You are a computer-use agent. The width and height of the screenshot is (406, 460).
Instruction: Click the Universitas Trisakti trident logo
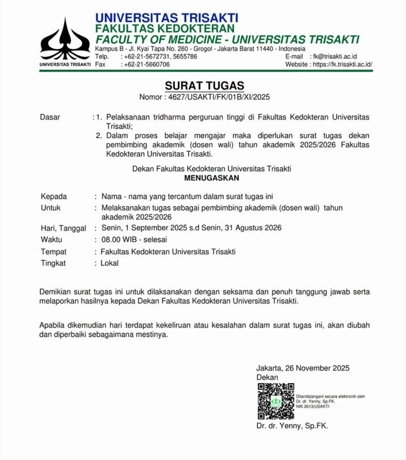tap(65, 40)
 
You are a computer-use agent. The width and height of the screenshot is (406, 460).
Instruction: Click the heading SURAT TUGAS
tap(204, 85)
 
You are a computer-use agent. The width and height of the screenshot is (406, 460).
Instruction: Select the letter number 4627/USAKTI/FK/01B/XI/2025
tap(219, 97)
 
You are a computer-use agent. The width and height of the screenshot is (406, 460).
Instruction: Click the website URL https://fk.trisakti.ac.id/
tap(342, 65)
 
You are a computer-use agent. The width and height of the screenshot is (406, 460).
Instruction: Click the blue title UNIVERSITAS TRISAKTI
tap(167, 18)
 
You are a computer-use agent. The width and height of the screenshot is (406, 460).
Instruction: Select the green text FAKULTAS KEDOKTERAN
tap(165, 28)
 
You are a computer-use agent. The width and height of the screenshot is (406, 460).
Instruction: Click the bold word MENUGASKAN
tap(211, 178)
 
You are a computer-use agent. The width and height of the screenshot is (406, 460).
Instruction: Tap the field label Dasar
tap(50, 117)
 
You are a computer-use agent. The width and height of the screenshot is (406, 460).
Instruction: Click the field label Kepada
tap(54, 197)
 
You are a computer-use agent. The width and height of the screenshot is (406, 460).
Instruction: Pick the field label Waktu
tap(51, 240)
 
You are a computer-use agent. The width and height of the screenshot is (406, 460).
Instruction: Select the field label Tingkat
tap(53, 263)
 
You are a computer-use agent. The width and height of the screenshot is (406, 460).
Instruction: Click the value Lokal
tap(109, 263)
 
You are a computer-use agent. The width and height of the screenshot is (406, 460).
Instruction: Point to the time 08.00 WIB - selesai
tap(134, 240)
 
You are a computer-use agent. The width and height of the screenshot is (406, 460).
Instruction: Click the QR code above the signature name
tap(276, 401)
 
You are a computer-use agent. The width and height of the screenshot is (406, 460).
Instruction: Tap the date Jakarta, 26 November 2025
tap(303, 368)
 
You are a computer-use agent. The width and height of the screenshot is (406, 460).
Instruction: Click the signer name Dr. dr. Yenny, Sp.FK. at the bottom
tap(292, 426)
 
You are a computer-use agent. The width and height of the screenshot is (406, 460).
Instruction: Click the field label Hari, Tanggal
tap(64, 228)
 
